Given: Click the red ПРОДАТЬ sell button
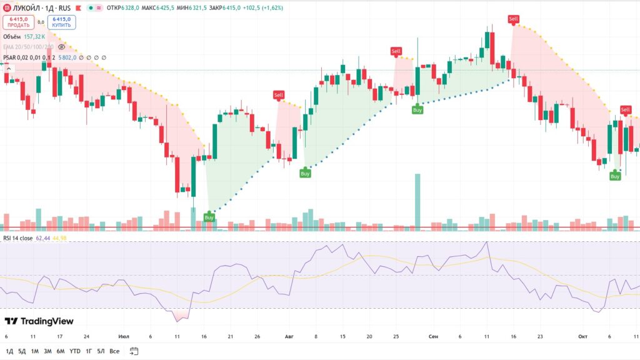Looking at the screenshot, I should coord(19,22).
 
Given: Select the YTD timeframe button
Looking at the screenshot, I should coord(75,351).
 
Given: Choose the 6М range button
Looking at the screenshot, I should coord(61,351).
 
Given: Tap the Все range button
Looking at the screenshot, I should coord(114,351).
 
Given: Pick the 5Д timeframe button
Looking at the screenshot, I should coord(22,351).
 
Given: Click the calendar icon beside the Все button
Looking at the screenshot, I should coord(133,351).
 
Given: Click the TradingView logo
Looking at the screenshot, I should coord(39,321).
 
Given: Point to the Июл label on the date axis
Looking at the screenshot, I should coord(124,336).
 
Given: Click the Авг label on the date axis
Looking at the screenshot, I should coord(289,336).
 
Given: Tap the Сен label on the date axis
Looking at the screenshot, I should coord(433,336).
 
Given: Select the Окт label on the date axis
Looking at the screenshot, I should coord(582,336).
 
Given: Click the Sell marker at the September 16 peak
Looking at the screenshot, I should coord(513,19).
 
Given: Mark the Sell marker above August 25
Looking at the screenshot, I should coord(396,51).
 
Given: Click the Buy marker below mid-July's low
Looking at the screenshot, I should coord(209,217).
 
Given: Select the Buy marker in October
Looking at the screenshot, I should coord(615,176).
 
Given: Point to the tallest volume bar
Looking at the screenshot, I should coord(417,200).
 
